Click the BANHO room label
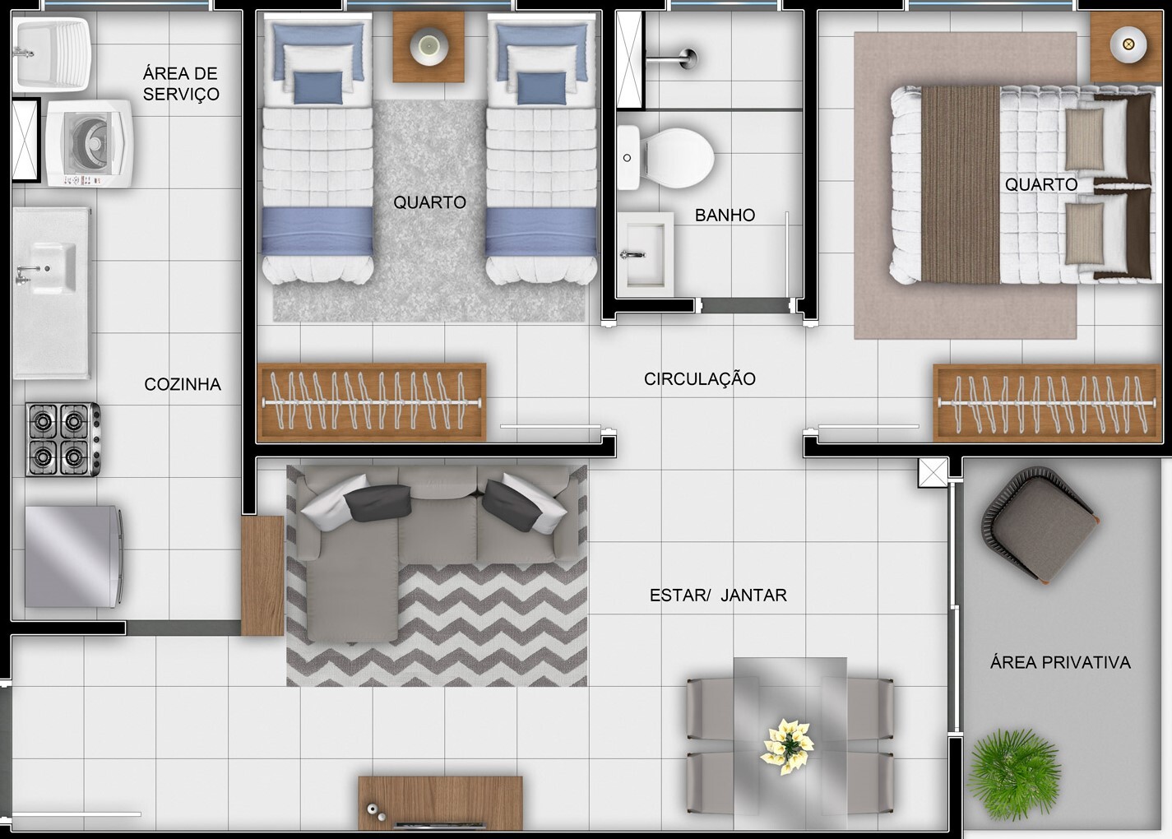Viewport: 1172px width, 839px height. pyautogui.click(x=725, y=216)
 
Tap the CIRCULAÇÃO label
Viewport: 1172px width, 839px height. pyautogui.click(x=700, y=379)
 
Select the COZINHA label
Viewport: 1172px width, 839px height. pyautogui.click(x=183, y=385)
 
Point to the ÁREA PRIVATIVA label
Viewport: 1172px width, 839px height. pyautogui.click(x=1060, y=663)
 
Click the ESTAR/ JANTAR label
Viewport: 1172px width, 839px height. pyautogui.click(x=718, y=595)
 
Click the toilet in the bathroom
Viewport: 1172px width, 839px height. pyautogui.click(x=665, y=158)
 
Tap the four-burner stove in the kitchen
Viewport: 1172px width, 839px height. pyautogui.click(x=63, y=439)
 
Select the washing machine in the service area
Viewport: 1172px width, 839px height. pyautogui.click(x=90, y=144)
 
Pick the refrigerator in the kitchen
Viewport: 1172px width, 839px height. pyautogui.click(x=74, y=557)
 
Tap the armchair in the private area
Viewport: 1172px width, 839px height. pyautogui.click(x=1039, y=525)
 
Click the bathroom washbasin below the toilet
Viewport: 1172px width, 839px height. pyautogui.click(x=645, y=255)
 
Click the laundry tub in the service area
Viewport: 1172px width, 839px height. pyautogui.click(x=51, y=54)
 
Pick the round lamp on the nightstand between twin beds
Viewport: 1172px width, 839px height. pyautogui.click(x=429, y=47)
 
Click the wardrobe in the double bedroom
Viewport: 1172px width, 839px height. pyautogui.click(x=1047, y=403)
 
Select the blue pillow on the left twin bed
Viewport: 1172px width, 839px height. pyautogui.click(x=317, y=88)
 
